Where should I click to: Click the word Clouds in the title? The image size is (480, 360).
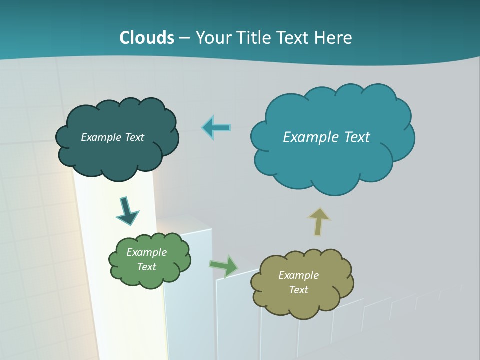point(147,37)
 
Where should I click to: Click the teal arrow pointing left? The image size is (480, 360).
point(216,128)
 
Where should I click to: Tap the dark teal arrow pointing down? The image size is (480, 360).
point(127,211)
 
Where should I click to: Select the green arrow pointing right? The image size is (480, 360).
point(224,266)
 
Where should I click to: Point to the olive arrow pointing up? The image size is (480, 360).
point(318,222)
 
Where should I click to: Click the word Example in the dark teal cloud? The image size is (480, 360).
point(100,137)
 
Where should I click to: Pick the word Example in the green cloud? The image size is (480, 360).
point(146,252)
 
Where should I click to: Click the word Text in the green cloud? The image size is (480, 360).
point(146,267)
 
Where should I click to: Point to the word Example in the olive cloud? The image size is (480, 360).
point(298,275)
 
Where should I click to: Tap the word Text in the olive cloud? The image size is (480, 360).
point(298,290)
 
